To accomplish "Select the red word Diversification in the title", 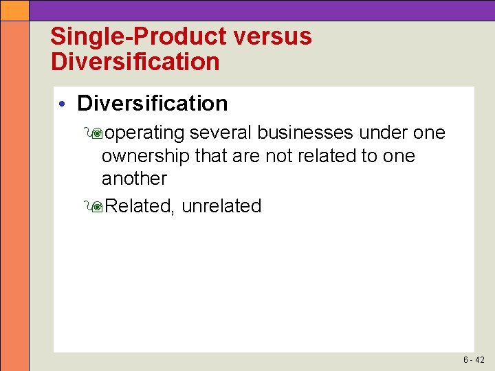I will click(135, 62).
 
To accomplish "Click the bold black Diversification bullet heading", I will click(152, 104).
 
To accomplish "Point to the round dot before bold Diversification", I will click(62, 104).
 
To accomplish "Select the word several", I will click(221, 133).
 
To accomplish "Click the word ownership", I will click(146, 156).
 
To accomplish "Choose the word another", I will click(134, 179).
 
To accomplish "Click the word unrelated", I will click(221, 206).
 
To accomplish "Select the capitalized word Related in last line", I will click(140, 206).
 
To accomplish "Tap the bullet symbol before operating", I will click(95, 133).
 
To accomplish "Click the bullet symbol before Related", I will click(95, 206).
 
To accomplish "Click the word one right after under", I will click(428, 133).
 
